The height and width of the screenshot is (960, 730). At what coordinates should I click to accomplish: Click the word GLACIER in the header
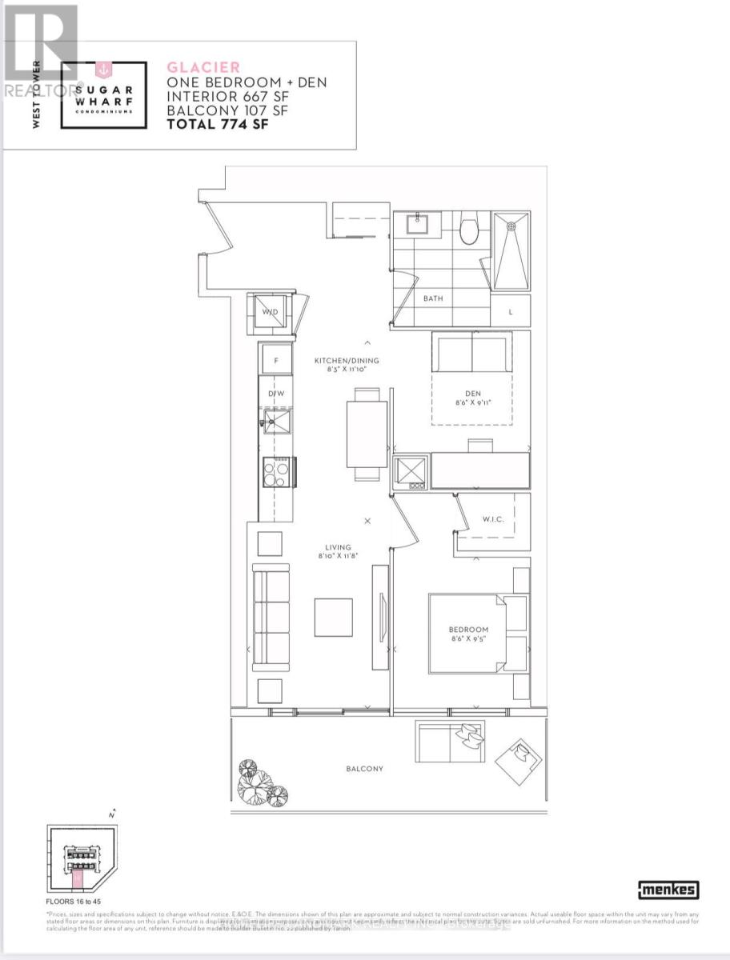coord(203,68)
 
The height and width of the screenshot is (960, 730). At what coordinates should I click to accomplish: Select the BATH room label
coord(432,298)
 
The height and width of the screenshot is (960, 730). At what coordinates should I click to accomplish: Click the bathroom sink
coord(417,223)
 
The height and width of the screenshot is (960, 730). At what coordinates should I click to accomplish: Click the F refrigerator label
coord(276,361)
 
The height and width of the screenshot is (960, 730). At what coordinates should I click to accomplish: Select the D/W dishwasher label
coord(276,394)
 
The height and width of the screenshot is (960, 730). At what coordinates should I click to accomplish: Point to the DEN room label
coord(471,393)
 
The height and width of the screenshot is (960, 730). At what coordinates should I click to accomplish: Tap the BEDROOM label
coord(468,630)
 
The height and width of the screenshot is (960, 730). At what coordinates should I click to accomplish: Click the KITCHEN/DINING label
coord(347,361)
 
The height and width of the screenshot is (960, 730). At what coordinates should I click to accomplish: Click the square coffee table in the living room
coord(333,617)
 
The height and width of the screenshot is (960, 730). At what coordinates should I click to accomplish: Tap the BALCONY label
coord(364,769)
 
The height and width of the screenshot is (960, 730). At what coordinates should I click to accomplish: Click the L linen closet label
coord(511,313)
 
